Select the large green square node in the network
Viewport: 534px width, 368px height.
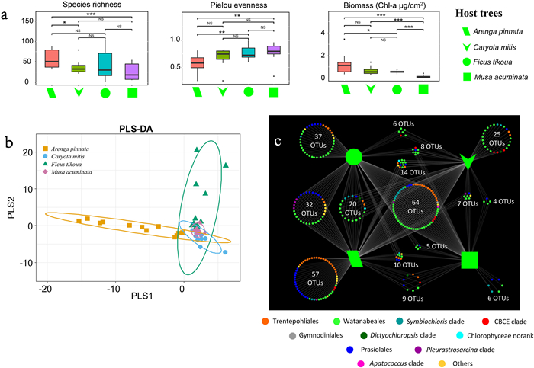point(471,260)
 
